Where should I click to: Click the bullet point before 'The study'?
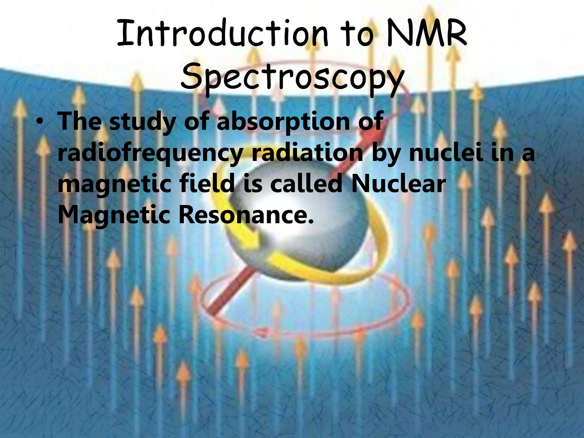pyautogui.click(x=41, y=122)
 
